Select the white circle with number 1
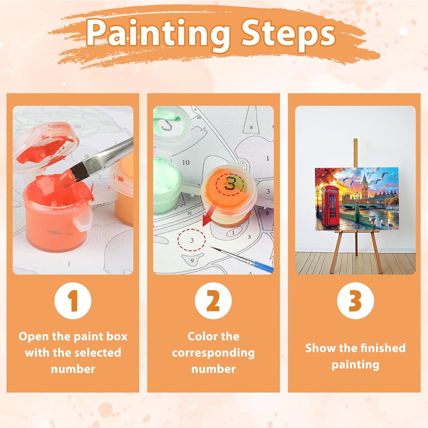(73, 301)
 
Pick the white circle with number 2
(213, 301)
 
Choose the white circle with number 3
(355, 301)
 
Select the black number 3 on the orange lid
(230, 183)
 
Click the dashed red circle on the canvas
(191, 240)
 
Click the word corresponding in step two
(213, 353)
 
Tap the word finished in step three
(383, 348)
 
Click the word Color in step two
(200, 336)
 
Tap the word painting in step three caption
(355, 365)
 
